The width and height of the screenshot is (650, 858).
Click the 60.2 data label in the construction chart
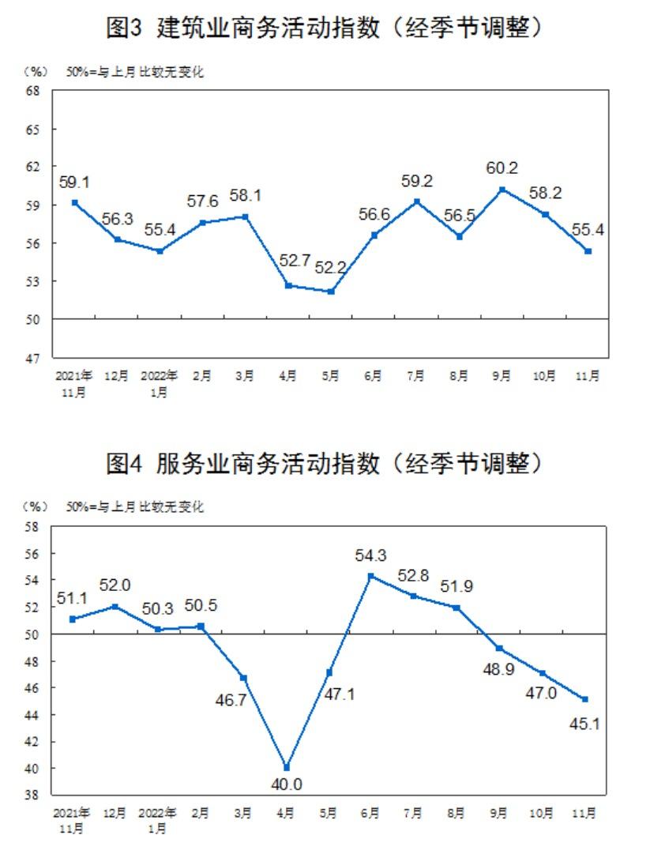click(x=502, y=168)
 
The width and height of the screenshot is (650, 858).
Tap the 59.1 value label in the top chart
click(x=74, y=183)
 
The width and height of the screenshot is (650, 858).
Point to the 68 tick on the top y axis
click(x=34, y=91)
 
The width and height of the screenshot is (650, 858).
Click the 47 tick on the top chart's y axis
click(x=34, y=358)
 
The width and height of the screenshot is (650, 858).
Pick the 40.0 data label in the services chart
click(x=287, y=785)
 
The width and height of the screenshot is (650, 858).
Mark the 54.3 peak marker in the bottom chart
click(x=372, y=576)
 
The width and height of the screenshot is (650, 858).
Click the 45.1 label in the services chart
click(x=585, y=722)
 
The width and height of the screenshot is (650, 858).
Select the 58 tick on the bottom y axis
click(x=34, y=527)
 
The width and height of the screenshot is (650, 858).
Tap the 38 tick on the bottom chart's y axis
click(x=34, y=795)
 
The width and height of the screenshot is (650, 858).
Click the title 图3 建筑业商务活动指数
click(x=325, y=29)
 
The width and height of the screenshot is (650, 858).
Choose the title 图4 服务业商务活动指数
click(x=325, y=463)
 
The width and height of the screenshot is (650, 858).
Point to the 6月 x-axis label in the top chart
click(x=373, y=378)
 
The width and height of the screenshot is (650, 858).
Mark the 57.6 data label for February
click(x=202, y=201)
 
